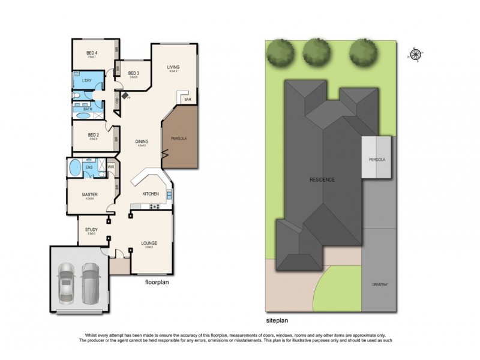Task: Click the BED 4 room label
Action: click(x=92, y=52)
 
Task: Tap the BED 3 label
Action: click(x=134, y=73)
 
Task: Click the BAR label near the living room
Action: click(x=187, y=99)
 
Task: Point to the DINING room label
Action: click(x=142, y=142)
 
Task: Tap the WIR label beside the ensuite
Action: click(x=111, y=166)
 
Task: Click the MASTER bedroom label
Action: click(x=91, y=195)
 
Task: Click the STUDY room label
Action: click(x=91, y=229)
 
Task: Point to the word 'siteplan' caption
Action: click(x=278, y=321)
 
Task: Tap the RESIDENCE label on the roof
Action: click(x=322, y=180)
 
